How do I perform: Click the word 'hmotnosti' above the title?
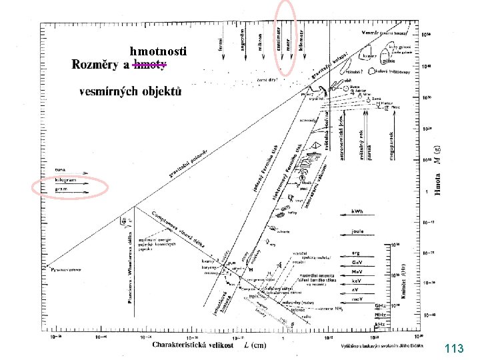coord(158,51)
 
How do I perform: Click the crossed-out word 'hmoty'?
coord(150,65)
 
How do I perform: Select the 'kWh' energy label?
coord(358,211)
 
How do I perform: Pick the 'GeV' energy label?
coord(358,263)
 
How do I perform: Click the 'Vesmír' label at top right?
coord(371,31)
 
